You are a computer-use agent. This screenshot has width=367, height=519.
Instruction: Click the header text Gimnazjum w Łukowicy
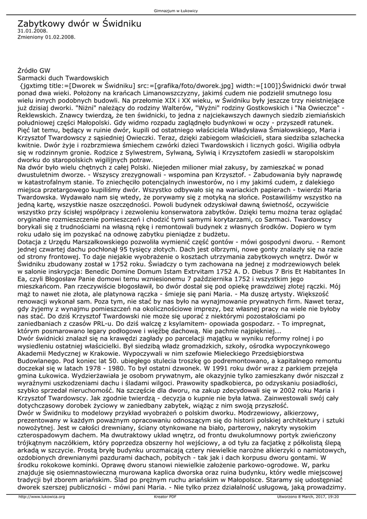(x=183, y=11)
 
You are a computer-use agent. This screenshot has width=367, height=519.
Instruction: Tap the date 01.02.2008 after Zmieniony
(x=60, y=36)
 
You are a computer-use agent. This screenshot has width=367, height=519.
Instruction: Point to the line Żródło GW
(x=34, y=70)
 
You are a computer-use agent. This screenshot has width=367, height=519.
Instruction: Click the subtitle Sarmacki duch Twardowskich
(x=63, y=78)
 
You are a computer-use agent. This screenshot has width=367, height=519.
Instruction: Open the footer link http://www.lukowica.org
(x=42, y=497)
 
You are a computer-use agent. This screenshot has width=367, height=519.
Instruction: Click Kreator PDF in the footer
(x=165, y=497)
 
